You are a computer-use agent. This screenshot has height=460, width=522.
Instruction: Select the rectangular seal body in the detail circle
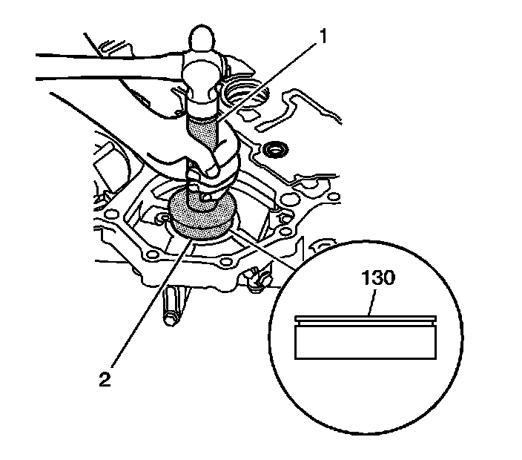(366, 342)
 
